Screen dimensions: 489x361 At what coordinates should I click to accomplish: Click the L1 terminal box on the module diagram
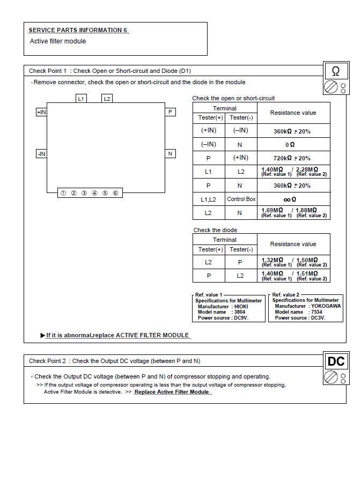click(x=81, y=99)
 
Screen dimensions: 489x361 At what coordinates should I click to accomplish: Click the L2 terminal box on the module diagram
click(x=107, y=99)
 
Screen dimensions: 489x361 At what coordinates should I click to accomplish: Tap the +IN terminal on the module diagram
click(x=41, y=112)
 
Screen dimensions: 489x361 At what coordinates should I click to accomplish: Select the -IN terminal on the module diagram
click(x=41, y=154)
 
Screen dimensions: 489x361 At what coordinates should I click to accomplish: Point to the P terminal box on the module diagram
click(x=170, y=112)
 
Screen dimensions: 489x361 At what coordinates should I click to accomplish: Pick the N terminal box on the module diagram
click(x=170, y=154)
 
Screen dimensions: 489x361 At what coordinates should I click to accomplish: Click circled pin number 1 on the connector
click(x=63, y=193)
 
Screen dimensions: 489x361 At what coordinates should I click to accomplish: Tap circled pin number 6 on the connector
click(x=115, y=193)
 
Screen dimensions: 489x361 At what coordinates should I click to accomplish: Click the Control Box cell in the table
click(x=241, y=199)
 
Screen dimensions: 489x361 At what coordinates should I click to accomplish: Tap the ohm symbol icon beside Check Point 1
click(x=336, y=71)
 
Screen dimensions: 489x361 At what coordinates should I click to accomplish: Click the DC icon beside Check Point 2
click(x=336, y=361)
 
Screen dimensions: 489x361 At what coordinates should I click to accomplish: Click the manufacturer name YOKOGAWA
click(x=326, y=306)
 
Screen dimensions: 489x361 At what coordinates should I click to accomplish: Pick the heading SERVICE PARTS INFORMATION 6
click(x=78, y=30)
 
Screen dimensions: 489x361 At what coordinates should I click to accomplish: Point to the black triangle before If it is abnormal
click(x=43, y=336)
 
